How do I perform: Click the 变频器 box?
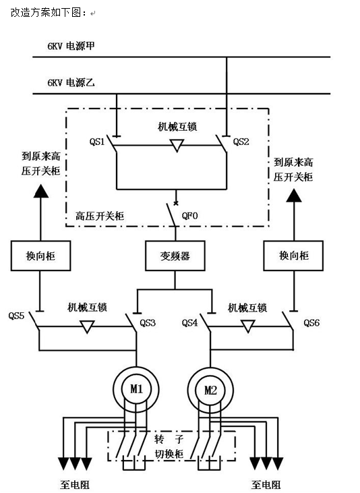(x=175, y=256)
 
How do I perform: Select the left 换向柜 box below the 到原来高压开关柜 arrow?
(x=40, y=256)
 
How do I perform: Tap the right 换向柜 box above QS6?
(x=293, y=256)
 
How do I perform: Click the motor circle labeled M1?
(x=136, y=389)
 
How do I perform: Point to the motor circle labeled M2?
(x=210, y=390)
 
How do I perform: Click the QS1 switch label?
(x=97, y=142)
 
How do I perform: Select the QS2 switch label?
(x=241, y=142)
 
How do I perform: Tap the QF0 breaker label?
(x=189, y=216)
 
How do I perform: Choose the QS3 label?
(x=148, y=323)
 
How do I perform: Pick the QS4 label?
(x=189, y=323)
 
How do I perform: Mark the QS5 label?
(x=16, y=316)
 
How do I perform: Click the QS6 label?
(x=311, y=323)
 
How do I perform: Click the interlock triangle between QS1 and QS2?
(x=177, y=145)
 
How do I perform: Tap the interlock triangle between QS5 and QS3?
(x=87, y=326)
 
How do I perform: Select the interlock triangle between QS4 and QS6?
(x=247, y=326)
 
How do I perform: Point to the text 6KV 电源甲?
(x=71, y=47)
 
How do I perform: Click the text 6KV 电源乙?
(x=71, y=83)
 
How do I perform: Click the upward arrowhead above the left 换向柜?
(x=41, y=192)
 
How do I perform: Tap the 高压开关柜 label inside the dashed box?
(x=100, y=216)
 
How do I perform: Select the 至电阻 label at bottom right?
(x=266, y=484)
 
